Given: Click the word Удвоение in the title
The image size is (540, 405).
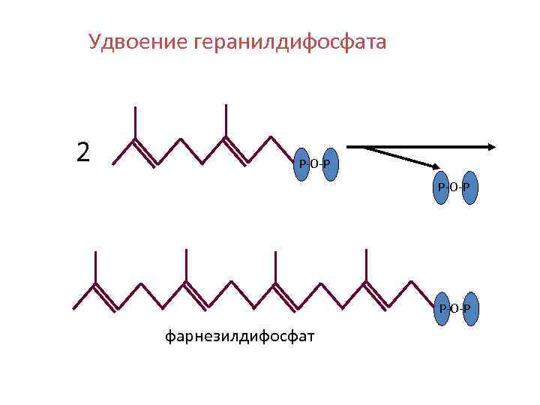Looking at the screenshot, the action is pos(138,42).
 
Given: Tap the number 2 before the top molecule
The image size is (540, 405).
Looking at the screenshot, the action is pos(83,152).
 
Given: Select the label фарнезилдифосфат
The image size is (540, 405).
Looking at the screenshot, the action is pos(239,335).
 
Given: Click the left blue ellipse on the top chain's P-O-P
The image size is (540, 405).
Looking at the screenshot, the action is pos(304,164).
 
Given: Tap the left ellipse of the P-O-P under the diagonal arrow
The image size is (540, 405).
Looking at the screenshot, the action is pos(442,186).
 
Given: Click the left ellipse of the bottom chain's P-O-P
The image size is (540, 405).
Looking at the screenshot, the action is pos(442,308).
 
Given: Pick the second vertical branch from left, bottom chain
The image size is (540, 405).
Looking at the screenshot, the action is pos(185,266).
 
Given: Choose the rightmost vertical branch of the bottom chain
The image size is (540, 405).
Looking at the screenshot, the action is pos(365,265).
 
